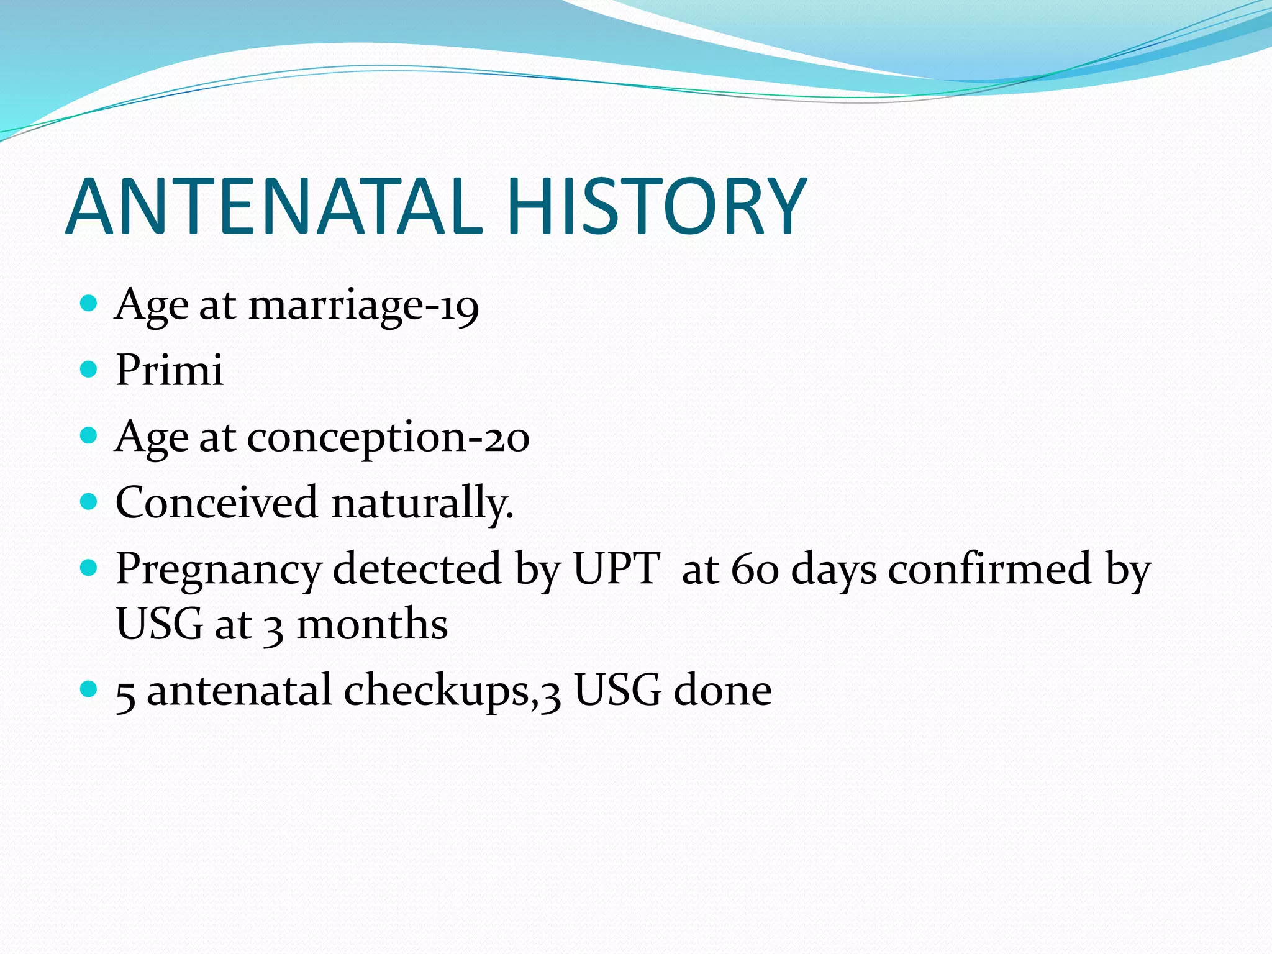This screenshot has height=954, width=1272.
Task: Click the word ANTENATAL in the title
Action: coord(273,207)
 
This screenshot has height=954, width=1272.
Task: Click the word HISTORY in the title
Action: coord(656,207)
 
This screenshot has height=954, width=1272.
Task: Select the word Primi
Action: coord(169,370)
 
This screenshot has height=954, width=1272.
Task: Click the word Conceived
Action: coord(216,502)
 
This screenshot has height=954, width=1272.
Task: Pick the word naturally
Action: coord(422,503)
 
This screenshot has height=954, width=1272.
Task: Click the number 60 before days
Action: coord(755,569)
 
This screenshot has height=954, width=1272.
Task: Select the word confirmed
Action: coord(989,568)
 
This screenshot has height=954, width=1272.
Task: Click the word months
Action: coord(373,624)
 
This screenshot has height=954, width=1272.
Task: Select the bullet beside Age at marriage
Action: coord(89,303)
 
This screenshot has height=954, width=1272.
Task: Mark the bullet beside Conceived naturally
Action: coord(89,501)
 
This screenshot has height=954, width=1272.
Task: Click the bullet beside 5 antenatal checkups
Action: coord(89,688)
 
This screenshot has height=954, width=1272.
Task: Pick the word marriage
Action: coord(336,307)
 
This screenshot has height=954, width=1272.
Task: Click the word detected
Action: coord(417,568)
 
